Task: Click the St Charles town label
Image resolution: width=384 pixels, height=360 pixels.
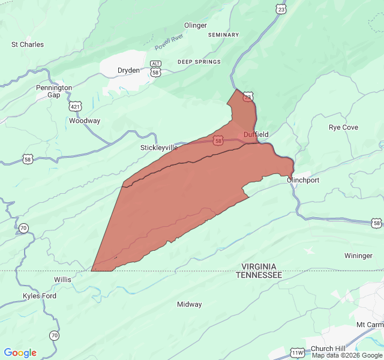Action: pos(28,44)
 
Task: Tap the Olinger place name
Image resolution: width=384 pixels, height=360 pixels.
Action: pos(196,25)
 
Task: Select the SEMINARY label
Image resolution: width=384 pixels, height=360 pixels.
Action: pos(223,35)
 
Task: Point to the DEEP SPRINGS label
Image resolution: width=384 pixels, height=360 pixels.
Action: pos(199,62)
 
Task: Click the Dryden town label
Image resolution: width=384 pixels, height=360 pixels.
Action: pos(128,70)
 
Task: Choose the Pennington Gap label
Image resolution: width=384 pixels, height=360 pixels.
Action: pos(54,91)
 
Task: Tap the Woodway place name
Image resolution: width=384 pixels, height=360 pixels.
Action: pos(85,121)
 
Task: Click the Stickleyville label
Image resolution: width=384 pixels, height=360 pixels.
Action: pos(159,147)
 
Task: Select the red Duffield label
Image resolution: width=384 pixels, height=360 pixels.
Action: pos(256,134)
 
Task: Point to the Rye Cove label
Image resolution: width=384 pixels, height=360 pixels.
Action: pos(343,127)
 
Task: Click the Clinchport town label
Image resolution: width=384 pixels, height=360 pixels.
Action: pos(303,180)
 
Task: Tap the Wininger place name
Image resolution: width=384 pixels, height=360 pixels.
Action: pos(358,256)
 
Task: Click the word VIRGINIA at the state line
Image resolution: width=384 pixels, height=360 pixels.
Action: pos(259,266)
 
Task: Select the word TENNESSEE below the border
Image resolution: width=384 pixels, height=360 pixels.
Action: pos(259,274)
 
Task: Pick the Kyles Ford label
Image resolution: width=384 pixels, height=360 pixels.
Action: pos(40,296)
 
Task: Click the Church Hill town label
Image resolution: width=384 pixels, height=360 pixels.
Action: pos(328,349)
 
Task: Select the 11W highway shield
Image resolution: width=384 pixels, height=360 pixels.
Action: pos(298,353)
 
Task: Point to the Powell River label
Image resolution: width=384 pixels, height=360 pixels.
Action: pos(169,43)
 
